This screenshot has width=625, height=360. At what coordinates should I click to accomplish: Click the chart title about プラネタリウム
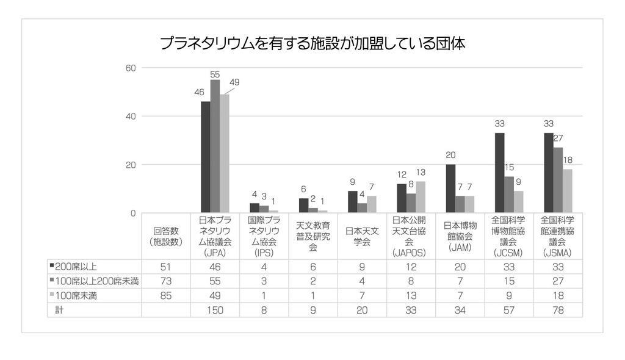tap(312, 43)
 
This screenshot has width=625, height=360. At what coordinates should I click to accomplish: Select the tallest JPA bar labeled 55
tap(215, 146)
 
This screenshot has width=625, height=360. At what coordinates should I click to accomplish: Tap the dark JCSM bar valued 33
tap(500, 173)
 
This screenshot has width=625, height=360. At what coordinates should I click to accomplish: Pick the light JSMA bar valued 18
tap(568, 191)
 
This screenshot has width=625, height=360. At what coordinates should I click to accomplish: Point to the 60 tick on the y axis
tap(131, 68)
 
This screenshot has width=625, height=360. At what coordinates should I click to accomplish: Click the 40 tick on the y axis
tap(131, 117)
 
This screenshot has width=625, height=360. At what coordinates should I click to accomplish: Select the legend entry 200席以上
tap(76, 266)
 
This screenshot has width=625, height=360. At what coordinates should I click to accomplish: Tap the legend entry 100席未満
tap(76, 296)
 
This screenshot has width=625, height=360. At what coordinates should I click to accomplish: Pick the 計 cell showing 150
tap(215, 311)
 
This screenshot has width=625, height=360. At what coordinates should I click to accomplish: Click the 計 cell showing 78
tap(558, 311)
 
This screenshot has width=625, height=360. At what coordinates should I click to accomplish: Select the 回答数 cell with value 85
tap(165, 296)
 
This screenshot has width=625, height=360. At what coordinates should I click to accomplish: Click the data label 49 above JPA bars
tap(235, 82)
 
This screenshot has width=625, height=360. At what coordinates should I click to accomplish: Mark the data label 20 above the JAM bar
tap(450, 154)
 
